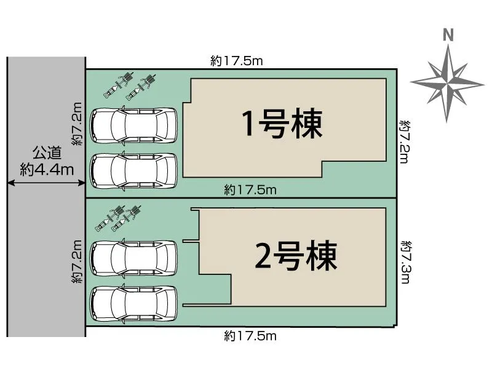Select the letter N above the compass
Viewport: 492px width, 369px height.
tap(448, 36)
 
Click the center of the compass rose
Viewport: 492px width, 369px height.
tap(447, 81)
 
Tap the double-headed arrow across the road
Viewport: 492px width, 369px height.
tap(46, 183)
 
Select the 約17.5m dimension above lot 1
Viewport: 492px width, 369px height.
tap(237, 60)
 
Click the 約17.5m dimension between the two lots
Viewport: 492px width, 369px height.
tap(250, 190)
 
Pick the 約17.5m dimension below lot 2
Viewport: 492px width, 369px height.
tap(250, 336)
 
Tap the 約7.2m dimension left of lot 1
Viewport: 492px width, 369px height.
tap(76, 124)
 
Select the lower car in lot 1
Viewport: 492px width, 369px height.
tap(133, 170)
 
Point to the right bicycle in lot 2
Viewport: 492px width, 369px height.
tap(125, 219)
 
